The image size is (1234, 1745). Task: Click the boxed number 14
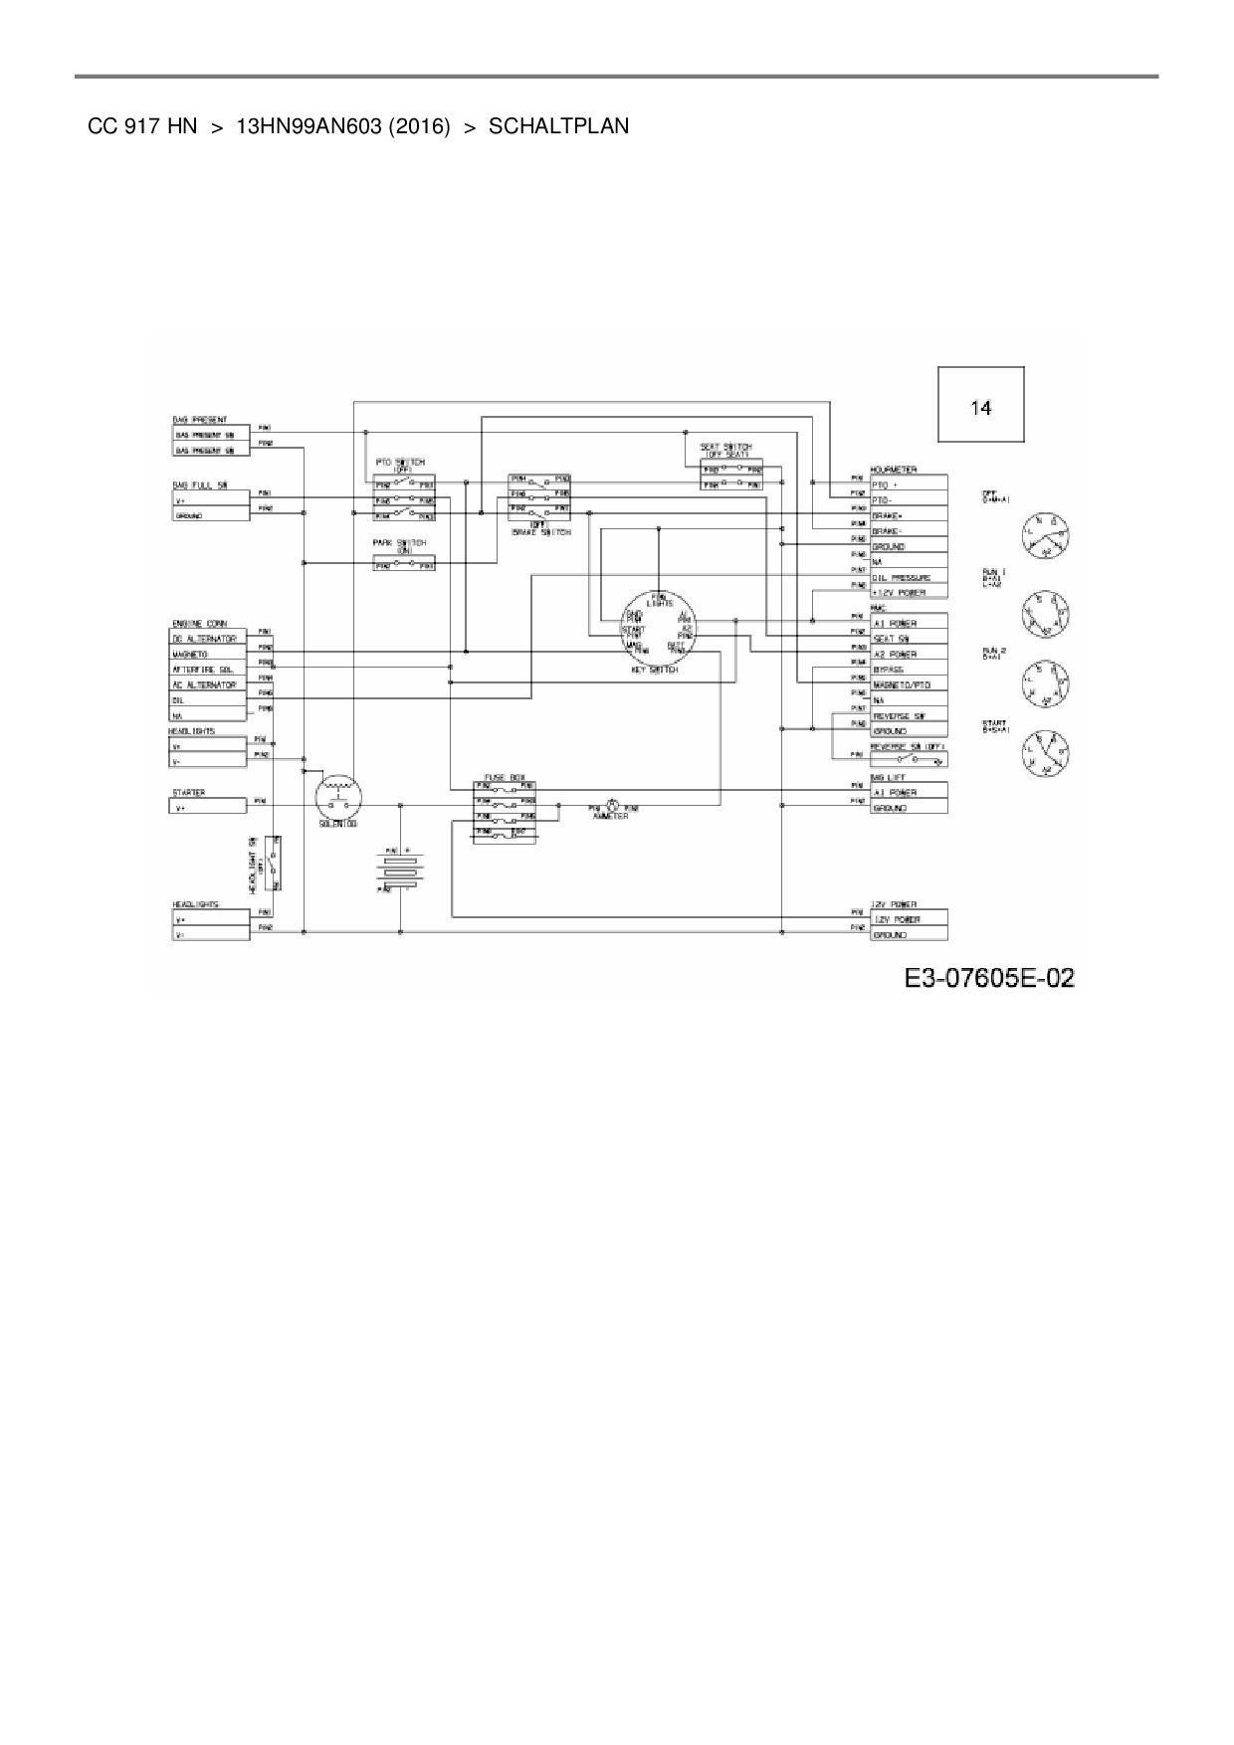tap(981, 407)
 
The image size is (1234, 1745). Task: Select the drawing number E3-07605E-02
tap(989, 978)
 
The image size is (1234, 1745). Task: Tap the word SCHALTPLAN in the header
tap(558, 126)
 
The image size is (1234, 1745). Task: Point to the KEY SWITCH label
tap(655, 671)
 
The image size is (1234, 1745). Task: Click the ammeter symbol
tap(613, 807)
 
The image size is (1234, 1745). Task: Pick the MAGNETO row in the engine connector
tap(206, 655)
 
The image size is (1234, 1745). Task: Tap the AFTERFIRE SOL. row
tap(206, 670)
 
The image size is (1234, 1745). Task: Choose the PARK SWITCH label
tap(399, 543)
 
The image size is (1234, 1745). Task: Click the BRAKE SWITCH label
tap(541, 532)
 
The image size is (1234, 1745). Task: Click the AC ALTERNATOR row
tap(206, 685)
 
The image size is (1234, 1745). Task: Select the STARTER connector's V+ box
tap(206, 808)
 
